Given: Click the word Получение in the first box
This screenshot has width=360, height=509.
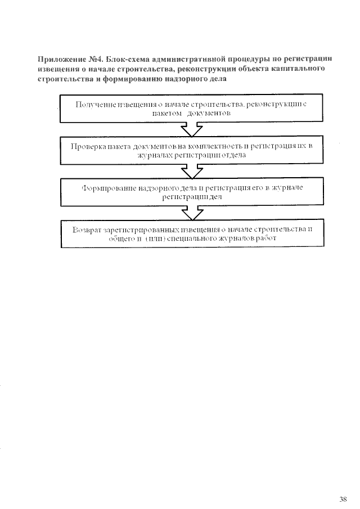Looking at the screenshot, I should click(93, 105).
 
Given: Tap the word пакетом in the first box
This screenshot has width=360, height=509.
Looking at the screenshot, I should click(167, 113).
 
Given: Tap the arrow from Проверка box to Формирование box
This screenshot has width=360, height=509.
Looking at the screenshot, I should click(192, 171).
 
